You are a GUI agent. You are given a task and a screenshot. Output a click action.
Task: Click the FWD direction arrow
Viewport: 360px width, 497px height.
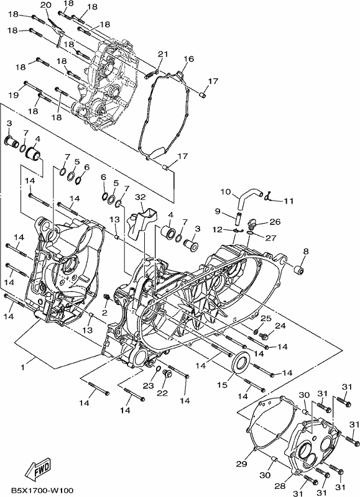click(38, 468)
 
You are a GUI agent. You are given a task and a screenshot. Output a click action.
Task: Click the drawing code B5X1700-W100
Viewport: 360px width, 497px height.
click(42, 490)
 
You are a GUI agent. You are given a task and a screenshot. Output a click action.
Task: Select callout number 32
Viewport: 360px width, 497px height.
click(140, 197)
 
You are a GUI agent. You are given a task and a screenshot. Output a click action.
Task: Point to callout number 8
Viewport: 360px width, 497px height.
click(305, 252)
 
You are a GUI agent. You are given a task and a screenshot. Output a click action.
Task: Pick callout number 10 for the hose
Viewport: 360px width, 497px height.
click(226, 192)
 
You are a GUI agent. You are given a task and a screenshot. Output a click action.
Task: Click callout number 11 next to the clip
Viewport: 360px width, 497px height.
click(288, 201)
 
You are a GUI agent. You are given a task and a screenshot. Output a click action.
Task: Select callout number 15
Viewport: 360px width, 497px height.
click(223, 385)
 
